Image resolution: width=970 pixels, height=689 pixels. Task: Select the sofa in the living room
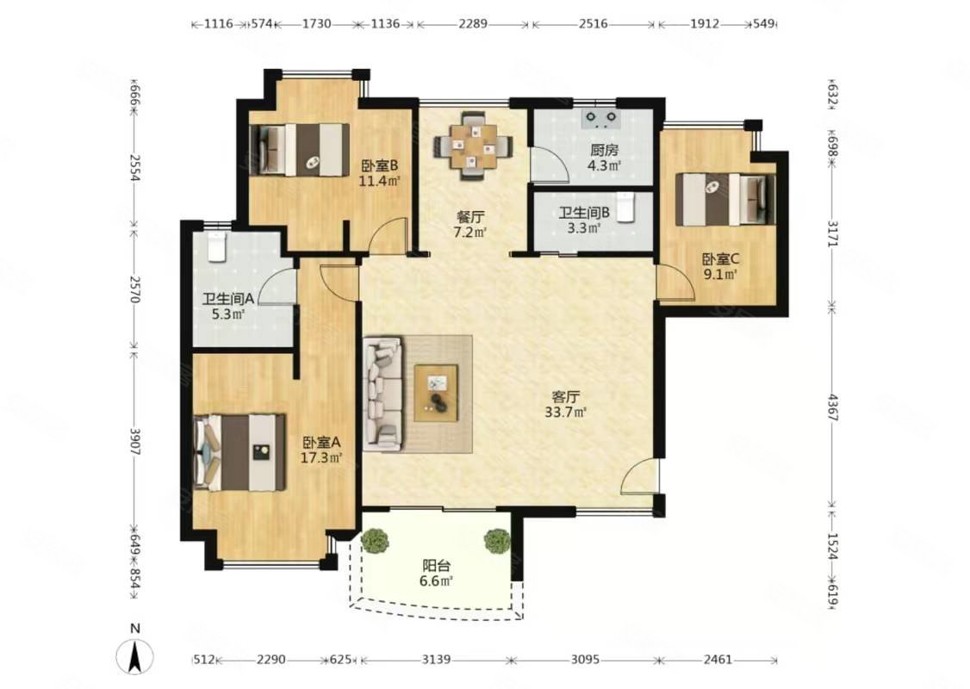click(x=383, y=394)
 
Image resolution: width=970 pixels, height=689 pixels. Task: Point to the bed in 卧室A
click(x=240, y=452)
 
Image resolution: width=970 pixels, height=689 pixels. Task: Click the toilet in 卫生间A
click(x=217, y=246)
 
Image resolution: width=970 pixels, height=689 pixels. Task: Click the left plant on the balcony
click(x=375, y=541)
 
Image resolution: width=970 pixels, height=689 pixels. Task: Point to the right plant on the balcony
click(x=496, y=541)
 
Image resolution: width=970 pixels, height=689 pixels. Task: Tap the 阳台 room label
click(x=437, y=566)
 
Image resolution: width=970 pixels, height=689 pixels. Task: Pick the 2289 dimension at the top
click(x=473, y=24)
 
